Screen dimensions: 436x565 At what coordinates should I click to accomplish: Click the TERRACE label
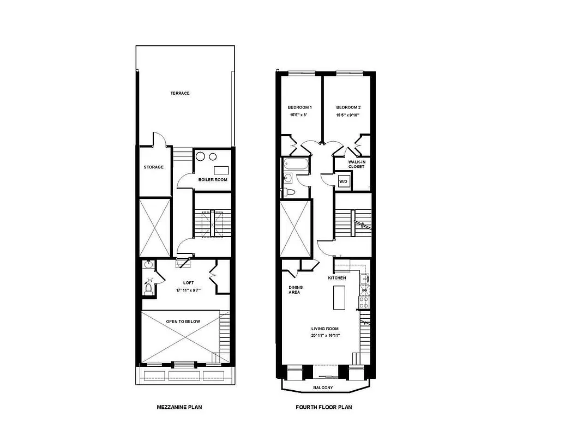(x=180, y=93)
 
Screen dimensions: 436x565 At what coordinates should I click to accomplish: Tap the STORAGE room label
(x=153, y=167)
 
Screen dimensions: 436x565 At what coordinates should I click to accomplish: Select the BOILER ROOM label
(x=213, y=179)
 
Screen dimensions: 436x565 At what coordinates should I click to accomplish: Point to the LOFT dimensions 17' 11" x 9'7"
(x=188, y=290)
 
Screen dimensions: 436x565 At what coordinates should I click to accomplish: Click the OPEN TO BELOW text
(x=183, y=322)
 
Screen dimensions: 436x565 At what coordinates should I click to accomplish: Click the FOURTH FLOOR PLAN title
(x=325, y=407)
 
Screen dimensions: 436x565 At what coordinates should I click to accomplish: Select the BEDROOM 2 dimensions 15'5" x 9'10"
(x=348, y=116)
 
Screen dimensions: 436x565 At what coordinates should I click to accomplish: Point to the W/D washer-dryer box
(x=344, y=181)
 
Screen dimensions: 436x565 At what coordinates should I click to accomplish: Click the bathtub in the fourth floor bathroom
(x=296, y=164)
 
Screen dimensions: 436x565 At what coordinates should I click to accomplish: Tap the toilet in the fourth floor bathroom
(x=290, y=192)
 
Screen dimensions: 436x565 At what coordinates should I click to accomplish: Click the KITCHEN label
(x=337, y=278)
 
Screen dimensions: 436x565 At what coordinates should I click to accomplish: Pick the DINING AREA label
(x=296, y=290)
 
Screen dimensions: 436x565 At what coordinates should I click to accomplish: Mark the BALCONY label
(x=324, y=388)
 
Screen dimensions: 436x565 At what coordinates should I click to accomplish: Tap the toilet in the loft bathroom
(x=148, y=287)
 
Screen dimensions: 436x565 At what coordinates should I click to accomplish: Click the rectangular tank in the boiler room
(x=221, y=169)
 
